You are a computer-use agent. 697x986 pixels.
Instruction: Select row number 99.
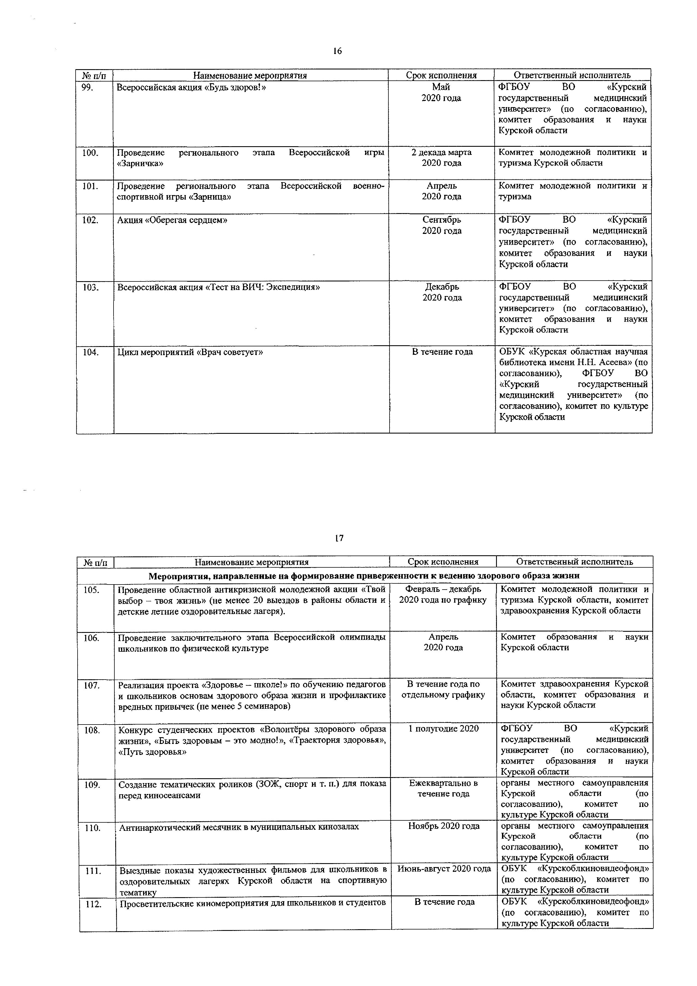coord(88,87)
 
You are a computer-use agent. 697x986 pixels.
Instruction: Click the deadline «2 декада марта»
coord(441,152)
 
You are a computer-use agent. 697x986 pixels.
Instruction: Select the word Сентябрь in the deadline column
coord(442,220)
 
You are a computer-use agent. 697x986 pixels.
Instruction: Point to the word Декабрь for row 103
coord(442,286)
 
